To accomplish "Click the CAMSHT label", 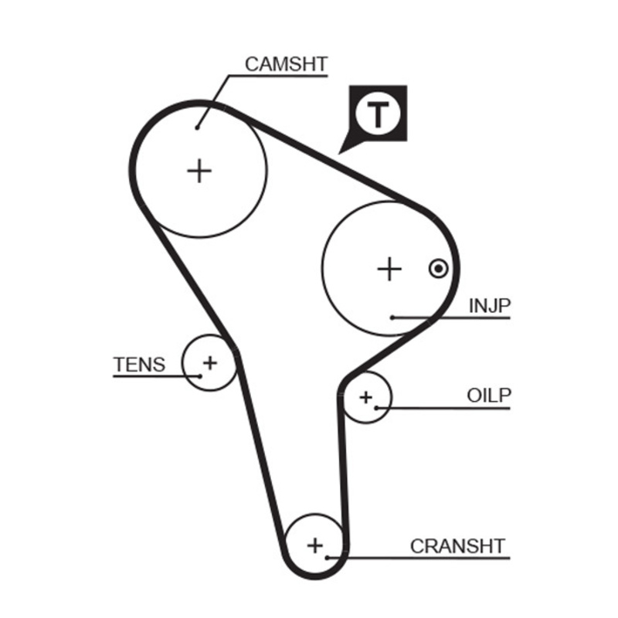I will click(286, 63).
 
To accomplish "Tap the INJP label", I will click(490, 306).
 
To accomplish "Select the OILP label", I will click(489, 396).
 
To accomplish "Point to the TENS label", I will click(139, 364).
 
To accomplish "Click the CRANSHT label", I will click(457, 546).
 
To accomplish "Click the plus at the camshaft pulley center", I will click(200, 170).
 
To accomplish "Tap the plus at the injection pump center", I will click(390, 269).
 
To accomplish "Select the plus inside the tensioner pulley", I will click(209, 362).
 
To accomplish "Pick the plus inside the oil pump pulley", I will click(365, 397).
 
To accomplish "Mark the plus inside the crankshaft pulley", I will click(314, 545).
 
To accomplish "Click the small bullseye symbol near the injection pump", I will click(438, 268).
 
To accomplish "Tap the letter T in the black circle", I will click(378, 114).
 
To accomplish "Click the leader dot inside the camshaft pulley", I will click(198, 127).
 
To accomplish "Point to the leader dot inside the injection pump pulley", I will click(392, 317).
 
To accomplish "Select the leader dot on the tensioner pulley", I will click(199, 375).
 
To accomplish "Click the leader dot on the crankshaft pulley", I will click(328, 556).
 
